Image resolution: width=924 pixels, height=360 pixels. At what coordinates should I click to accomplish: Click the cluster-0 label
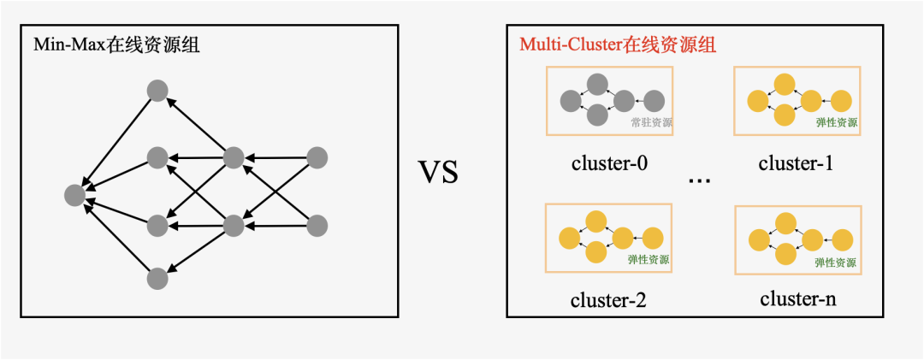point(609,163)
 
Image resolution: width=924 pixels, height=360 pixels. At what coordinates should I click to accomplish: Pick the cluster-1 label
point(796,163)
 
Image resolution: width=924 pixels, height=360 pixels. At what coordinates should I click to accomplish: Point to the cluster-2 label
point(608,300)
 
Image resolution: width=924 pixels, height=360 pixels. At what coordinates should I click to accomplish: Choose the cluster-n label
point(797,300)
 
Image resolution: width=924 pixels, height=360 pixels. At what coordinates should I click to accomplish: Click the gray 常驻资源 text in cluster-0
point(651,123)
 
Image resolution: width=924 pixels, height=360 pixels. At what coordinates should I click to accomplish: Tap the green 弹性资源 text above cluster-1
point(837,123)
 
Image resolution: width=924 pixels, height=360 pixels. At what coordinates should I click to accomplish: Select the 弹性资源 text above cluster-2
point(649,260)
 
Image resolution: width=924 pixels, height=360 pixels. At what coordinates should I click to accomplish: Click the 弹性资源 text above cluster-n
point(836,263)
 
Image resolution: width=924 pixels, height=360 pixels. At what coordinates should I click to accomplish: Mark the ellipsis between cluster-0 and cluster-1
point(700,180)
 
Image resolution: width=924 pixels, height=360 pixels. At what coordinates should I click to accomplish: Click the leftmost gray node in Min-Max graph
point(75,195)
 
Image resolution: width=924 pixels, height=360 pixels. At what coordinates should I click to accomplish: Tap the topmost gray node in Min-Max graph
point(157,90)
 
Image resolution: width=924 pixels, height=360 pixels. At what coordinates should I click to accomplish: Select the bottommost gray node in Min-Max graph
point(157,278)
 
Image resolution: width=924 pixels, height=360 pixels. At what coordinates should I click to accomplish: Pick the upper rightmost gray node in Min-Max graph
point(317,157)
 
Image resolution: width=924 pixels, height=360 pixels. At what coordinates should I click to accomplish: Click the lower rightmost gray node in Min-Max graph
point(317,226)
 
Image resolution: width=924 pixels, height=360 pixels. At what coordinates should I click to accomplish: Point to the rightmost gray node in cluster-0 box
point(654,101)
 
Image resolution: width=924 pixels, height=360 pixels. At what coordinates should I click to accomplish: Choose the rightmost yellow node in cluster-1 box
point(842,101)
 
